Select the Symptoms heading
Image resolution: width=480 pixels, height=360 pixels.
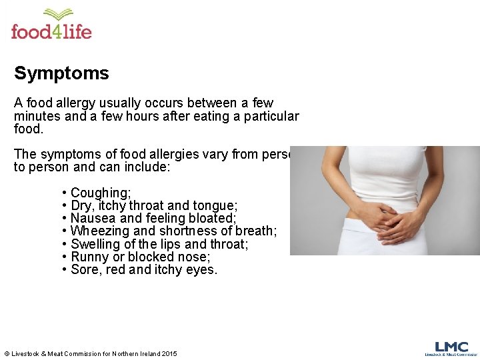pyautogui.click(x=61, y=73)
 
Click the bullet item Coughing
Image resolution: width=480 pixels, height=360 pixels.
pyautogui.click(x=101, y=193)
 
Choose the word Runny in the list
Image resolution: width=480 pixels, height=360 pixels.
pyautogui.click(x=89, y=257)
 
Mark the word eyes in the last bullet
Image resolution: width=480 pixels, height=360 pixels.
pyautogui.click(x=201, y=270)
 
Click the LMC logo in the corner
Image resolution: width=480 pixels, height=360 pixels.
pyautogui.click(x=451, y=349)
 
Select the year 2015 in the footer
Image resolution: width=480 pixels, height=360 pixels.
pyautogui.click(x=169, y=353)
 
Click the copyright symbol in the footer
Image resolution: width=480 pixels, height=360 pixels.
pyautogui.click(x=7, y=353)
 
